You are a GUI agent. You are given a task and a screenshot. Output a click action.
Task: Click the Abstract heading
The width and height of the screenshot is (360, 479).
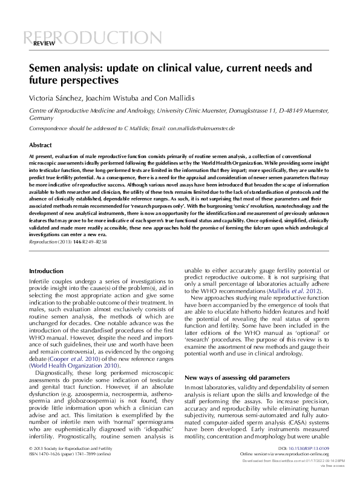tap(41, 145)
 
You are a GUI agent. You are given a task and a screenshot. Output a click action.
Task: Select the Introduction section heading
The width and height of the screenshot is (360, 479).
tap(46, 271)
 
